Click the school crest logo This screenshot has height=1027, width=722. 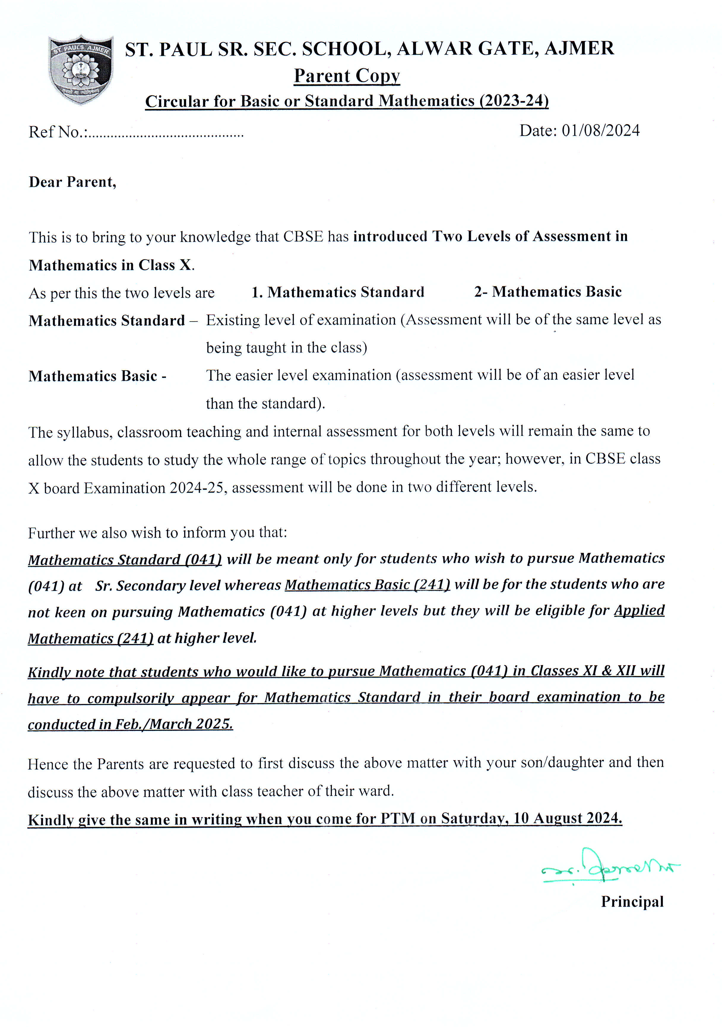click(x=80, y=70)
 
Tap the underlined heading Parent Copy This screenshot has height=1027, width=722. click(x=347, y=76)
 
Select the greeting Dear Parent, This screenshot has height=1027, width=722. click(x=72, y=182)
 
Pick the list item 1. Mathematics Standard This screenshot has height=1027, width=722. click(x=338, y=292)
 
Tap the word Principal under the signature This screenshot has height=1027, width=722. click(x=632, y=901)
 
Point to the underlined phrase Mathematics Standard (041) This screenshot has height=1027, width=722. click(x=125, y=560)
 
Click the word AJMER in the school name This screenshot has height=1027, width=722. click(x=579, y=48)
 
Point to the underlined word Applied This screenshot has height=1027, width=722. click(x=639, y=610)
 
